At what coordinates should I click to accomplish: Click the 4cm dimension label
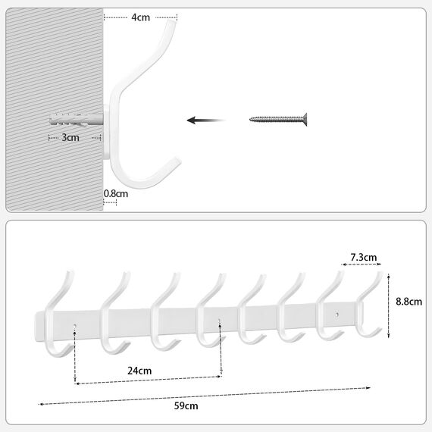pos(139,17)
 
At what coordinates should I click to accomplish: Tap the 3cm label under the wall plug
pos(69,138)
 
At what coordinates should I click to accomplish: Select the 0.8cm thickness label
pos(116,193)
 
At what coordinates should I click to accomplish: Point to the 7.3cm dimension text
pos(364,258)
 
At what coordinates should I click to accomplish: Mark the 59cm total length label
pos(186,405)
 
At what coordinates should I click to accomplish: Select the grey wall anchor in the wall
pos(76,120)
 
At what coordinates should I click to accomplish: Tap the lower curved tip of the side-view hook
pos(176,160)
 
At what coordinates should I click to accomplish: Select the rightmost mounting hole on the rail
pos(337,313)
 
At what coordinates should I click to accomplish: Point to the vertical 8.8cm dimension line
pos(388,306)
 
